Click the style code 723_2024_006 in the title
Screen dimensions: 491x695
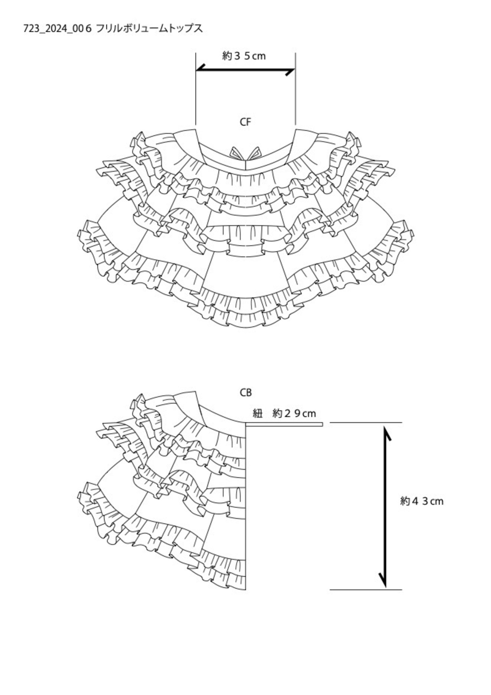pos(58,29)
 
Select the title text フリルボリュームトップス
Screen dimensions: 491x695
pos(149,28)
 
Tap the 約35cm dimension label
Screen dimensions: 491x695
pos(244,56)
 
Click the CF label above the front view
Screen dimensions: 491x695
pos(245,122)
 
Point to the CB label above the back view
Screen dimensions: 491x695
pos(246,393)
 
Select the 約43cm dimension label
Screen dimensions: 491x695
pos(422,501)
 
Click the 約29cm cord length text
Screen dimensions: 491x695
pos(294,413)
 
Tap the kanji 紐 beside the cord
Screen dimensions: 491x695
pos(257,413)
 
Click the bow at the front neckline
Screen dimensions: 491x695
pos(245,153)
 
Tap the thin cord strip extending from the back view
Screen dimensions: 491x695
pos(284,424)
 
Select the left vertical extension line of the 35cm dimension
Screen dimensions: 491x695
pos(196,89)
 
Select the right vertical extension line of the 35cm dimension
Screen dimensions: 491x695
pos(295,89)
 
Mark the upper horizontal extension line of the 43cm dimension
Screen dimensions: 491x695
pos(366,423)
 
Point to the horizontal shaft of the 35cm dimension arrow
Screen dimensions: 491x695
pos(245,70)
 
